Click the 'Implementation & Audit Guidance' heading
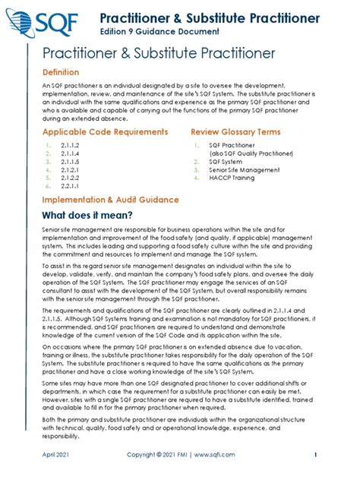tap(110, 200)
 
